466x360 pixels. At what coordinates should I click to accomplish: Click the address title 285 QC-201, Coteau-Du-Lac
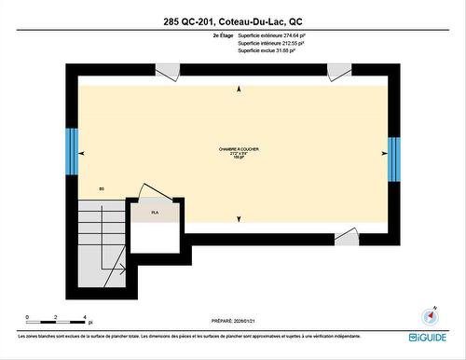[x=232, y=20]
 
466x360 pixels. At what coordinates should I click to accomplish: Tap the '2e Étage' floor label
[x=222, y=35]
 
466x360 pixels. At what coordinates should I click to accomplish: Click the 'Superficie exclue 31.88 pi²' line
[x=267, y=51]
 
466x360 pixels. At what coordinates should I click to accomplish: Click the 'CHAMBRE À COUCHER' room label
[x=239, y=149]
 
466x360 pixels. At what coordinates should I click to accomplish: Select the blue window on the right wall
[x=394, y=156]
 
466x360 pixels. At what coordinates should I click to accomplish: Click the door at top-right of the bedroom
[x=339, y=72]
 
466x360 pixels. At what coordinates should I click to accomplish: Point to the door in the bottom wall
[x=347, y=237]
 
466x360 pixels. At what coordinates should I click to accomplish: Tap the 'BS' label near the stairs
[x=102, y=189]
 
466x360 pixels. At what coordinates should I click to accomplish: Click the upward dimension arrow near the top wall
[x=240, y=88]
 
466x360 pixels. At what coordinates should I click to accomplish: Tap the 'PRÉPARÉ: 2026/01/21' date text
[x=232, y=318]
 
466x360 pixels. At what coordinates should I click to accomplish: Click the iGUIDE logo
[x=428, y=337]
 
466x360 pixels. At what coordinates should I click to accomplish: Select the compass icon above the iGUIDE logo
[x=431, y=315]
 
